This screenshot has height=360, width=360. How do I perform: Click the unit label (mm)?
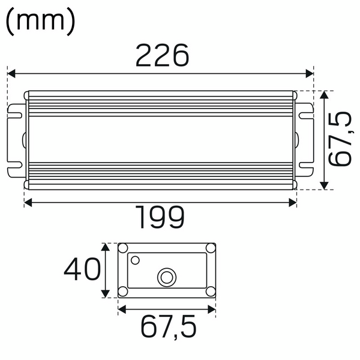[x=40, y=22]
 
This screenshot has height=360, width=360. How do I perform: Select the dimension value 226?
[x=162, y=56]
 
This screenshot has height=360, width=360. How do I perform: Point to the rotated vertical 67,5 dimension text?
[x=341, y=139]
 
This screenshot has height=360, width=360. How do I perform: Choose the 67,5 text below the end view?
[x=169, y=327]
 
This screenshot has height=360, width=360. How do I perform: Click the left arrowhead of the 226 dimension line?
[x=10, y=74]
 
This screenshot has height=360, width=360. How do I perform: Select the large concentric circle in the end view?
[x=165, y=277]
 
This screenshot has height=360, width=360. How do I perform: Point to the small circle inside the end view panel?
[x=136, y=260]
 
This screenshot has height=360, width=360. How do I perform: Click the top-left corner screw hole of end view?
[x=123, y=248]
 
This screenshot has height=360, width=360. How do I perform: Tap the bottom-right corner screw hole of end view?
[x=210, y=292]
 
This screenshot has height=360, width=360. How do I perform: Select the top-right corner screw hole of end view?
[x=210, y=248]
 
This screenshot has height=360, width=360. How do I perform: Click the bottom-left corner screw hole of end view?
[x=123, y=292]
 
